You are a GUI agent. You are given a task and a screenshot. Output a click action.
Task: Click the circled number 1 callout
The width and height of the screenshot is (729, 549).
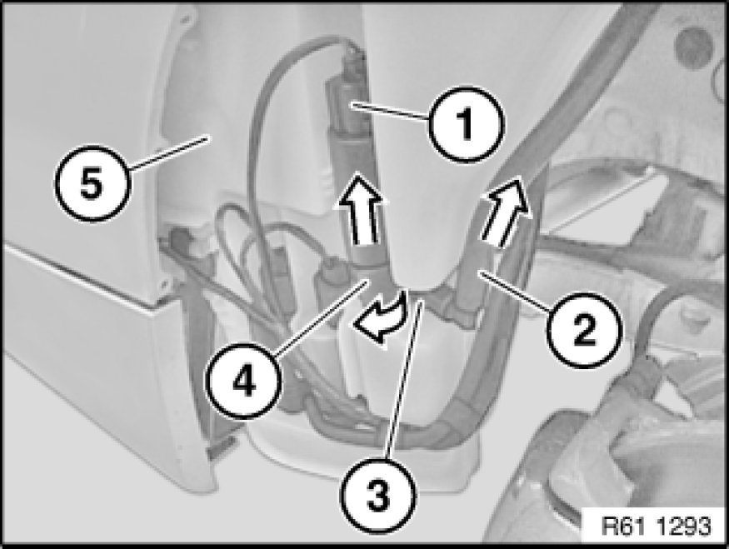coord(466,123)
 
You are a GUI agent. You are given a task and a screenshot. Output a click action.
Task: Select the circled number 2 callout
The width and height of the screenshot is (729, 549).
coord(584,331)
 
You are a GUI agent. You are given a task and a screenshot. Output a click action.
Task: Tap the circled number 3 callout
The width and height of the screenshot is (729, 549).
coord(377,496)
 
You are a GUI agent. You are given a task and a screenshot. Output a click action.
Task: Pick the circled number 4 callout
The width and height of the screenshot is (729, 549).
coord(243,382)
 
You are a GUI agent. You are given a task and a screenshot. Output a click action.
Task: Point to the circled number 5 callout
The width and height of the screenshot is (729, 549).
coord(91,183)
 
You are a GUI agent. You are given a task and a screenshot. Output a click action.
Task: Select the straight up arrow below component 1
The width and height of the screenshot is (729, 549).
coord(358,207)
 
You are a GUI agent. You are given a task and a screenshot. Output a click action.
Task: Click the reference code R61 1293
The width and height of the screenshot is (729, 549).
coord(656,527)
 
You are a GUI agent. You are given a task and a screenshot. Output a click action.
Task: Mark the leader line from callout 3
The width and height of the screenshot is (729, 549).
coord(404,380)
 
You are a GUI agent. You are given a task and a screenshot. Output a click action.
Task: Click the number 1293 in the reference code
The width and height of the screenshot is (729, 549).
coord(684,527)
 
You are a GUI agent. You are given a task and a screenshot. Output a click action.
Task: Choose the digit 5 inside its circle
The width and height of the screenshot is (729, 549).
coord(91,184)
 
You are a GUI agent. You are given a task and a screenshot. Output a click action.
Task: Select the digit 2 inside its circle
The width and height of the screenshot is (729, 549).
coord(584,331)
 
